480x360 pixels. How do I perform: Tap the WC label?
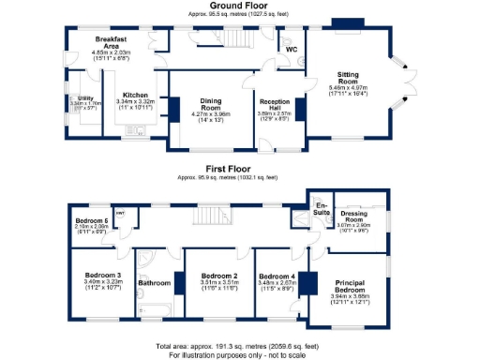point(292,47)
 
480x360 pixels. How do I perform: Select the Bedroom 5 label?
point(92,221)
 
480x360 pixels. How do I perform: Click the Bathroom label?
point(155,281)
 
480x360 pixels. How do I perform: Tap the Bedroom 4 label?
point(279,276)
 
